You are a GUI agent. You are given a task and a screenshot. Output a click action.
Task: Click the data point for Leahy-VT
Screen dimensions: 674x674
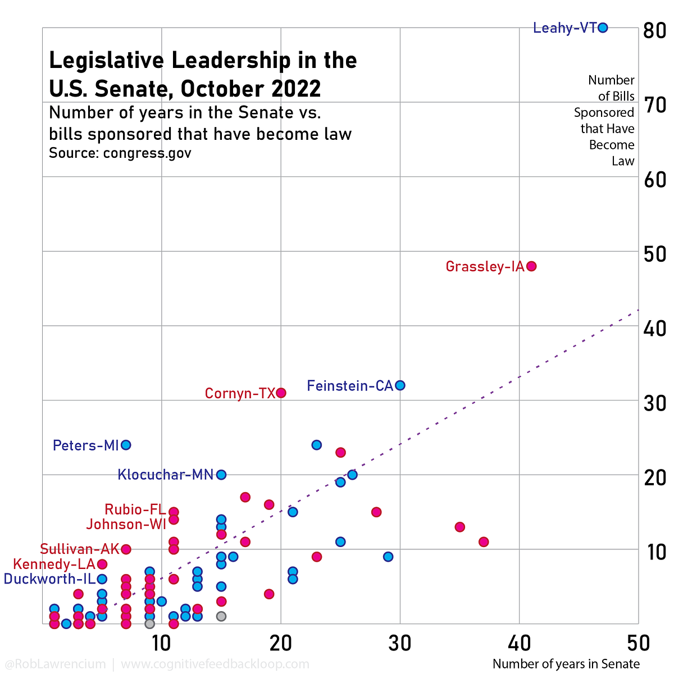[603, 28]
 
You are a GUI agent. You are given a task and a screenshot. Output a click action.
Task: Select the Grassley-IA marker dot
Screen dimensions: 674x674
[531, 266]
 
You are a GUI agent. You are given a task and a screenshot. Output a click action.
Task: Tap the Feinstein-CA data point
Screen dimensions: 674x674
[400, 385]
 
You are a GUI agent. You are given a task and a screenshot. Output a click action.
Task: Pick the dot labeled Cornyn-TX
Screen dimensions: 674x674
[281, 393]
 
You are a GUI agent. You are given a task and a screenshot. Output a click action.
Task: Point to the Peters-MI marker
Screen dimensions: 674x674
[126, 445]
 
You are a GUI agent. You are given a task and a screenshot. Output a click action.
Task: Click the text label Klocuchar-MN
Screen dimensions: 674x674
[166, 475]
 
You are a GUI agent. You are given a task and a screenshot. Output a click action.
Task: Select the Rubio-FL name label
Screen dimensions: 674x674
[135, 510]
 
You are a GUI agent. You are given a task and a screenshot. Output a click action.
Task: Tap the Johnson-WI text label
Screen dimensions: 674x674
[126, 525]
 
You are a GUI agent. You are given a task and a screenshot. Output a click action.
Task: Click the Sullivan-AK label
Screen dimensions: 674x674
[79, 549]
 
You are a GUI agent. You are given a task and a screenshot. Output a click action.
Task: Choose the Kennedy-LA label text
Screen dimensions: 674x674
[54, 564]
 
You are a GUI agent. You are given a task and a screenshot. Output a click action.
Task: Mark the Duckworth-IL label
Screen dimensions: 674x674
[49, 579]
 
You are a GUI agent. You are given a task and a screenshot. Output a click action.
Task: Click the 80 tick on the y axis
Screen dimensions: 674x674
[654, 30]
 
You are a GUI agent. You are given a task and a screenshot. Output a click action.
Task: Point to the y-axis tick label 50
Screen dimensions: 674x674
[654, 254]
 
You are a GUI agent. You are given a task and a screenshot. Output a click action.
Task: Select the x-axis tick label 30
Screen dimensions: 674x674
[400, 643]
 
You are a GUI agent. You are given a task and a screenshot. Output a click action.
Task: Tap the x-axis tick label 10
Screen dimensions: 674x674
[162, 643]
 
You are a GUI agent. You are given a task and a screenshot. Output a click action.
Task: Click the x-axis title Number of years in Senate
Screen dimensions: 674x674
[566, 664]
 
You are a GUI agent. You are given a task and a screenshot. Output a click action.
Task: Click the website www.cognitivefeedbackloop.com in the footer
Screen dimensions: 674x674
[215, 664]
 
